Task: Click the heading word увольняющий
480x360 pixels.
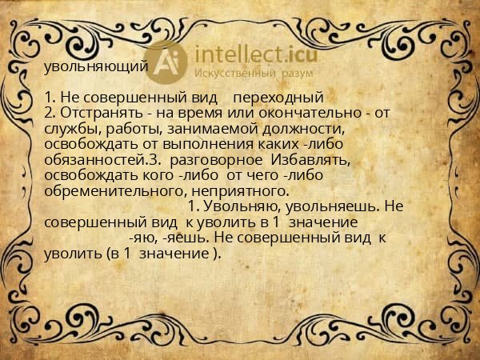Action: click(96, 66)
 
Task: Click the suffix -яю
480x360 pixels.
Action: click(142, 238)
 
